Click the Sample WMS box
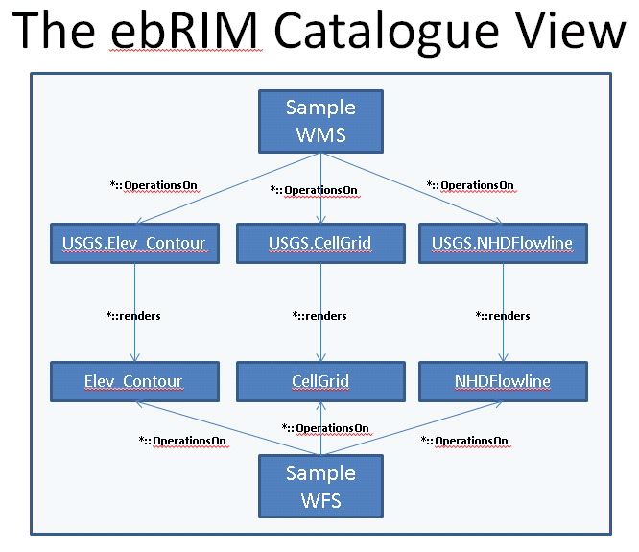[x=320, y=122]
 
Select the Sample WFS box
[x=320, y=487]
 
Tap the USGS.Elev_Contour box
[x=134, y=244]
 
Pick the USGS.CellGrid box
[x=320, y=244]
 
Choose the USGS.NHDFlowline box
[x=503, y=244]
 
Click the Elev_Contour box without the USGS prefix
[x=134, y=381]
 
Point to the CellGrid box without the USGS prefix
[x=320, y=381]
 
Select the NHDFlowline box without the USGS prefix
[x=503, y=381]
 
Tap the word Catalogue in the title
[x=387, y=33]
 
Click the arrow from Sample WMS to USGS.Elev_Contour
[x=228, y=188]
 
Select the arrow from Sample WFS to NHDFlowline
[x=412, y=428]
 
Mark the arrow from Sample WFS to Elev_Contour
[x=227, y=428]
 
